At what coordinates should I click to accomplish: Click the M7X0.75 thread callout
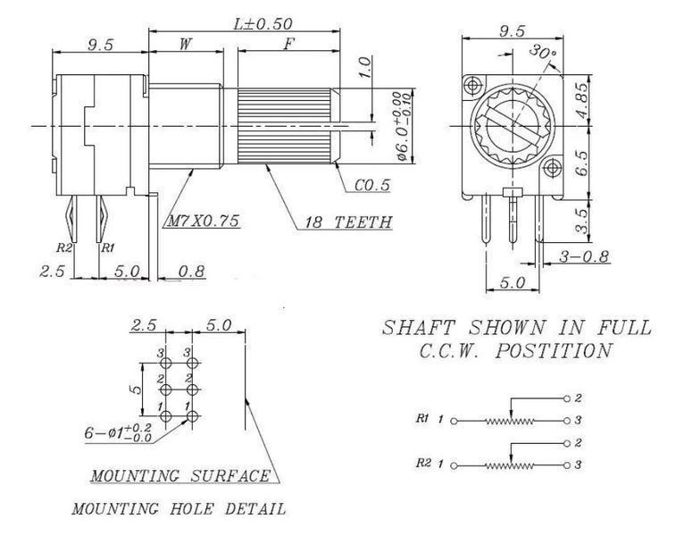point(204,221)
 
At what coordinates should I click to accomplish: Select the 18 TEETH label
point(347,222)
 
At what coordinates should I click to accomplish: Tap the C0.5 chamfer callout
point(372,185)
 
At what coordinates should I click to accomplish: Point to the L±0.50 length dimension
point(263,23)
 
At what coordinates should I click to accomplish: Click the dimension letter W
point(186,44)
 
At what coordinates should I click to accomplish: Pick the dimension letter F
point(288,44)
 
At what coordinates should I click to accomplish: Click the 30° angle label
point(542,53)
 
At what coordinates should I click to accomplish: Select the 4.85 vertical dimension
point(581,101)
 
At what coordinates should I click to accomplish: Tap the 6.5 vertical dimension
point(581,163)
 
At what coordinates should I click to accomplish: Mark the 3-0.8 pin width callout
point(584,256)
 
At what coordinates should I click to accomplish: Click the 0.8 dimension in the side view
point(191,271)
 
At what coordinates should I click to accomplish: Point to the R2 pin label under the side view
point(63,248)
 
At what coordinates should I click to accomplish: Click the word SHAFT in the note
point(418,327)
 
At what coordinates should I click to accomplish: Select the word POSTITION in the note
point(553,350)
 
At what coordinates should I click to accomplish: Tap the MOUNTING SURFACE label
point(180,475)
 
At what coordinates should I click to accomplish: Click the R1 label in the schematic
point(421,419)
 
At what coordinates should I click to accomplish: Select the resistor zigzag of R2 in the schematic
point(510,465)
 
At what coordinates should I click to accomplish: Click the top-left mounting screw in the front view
point(473,85)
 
